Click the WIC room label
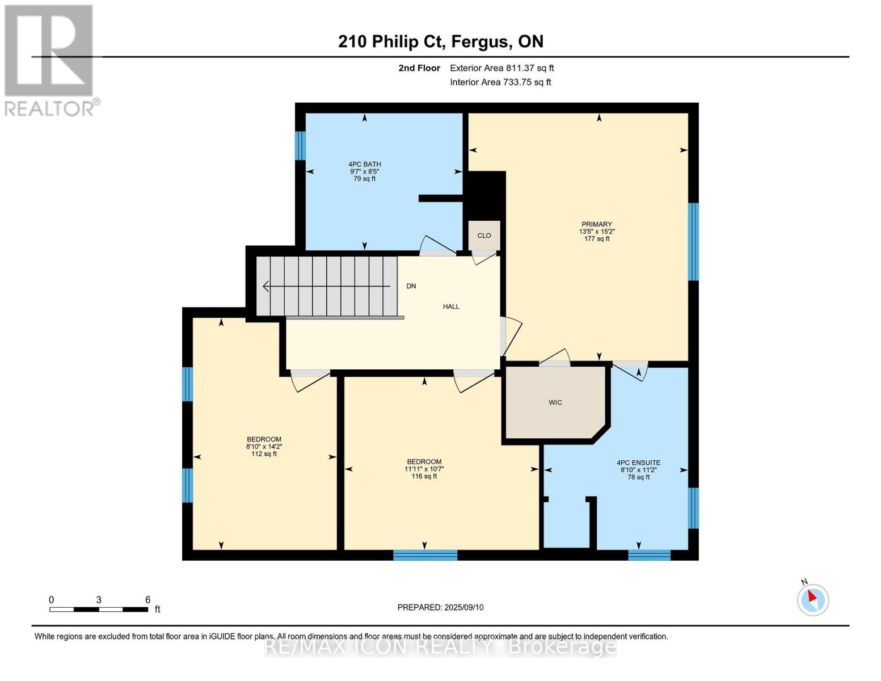(x=555, y=402)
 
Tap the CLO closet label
(x=484, y=236)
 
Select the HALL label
(x=451, y=306)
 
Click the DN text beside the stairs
(x=411, y=286)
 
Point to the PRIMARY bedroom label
(x=596, y=224)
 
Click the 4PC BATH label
(x=364, y=164)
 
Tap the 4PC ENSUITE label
(x=639, y=463)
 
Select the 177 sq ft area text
(x=596, y=239)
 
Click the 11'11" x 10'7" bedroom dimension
(x=424, y=469)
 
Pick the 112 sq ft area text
(x=264, y=454)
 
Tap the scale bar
(x=99, y=609)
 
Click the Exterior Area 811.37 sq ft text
(x=501, y=68)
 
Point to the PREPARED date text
(x=440, y=608)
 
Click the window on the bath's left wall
(x=300, y=146)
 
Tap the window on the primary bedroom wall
(x=693, y=242)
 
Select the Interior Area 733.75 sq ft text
(x=500, y=82)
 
